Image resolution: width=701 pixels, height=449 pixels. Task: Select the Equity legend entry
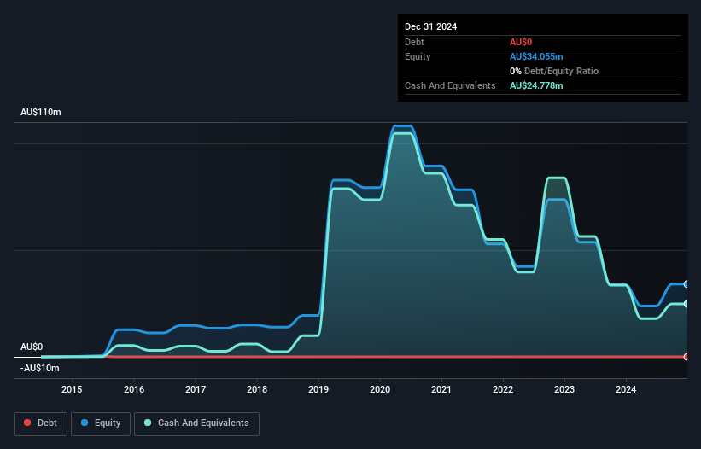101,423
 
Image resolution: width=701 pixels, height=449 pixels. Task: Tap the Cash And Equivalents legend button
196,423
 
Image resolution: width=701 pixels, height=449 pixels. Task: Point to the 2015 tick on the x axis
73,390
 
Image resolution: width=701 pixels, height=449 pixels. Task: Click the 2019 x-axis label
318,390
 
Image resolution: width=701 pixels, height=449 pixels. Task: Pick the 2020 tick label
380,390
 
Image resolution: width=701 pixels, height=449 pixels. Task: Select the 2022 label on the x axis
503,390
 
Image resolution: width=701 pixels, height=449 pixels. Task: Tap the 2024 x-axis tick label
626,390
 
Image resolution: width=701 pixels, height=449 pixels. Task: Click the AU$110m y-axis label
41,113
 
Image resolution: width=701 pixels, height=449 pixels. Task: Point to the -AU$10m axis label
39,368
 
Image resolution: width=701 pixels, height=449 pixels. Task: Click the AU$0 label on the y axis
32,347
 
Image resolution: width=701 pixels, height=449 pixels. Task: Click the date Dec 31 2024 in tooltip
431,26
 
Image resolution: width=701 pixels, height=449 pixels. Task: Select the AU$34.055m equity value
536,56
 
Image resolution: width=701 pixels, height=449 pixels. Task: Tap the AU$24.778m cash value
536,85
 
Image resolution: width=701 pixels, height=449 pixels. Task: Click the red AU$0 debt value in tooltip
522,42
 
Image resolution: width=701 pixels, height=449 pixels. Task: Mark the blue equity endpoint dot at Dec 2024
686,284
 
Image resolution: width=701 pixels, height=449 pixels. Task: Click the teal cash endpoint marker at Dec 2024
686,304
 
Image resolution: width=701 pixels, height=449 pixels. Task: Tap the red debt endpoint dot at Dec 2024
686,357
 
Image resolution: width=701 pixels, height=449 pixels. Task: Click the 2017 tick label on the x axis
196,390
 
